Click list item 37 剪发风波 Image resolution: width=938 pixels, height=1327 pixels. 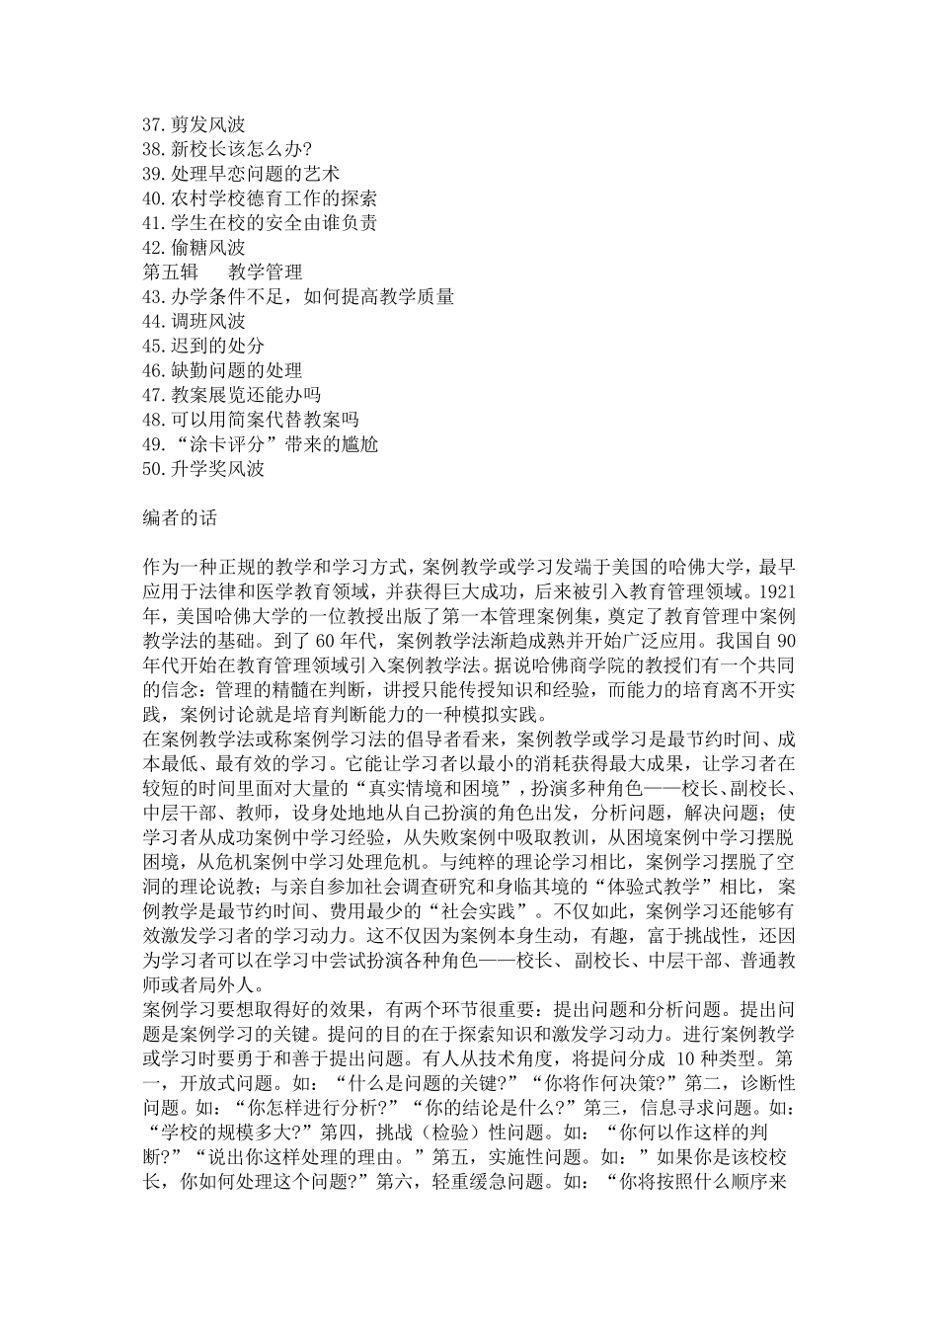(194, 124)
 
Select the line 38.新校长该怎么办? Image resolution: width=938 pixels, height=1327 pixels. (227, 149)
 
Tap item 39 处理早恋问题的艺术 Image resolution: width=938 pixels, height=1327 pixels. (240, 174)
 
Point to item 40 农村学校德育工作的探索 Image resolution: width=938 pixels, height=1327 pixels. (259, 198)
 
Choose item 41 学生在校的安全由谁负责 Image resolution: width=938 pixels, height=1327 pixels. (259, 223)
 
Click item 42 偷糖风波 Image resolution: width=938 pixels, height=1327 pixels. (194, 248)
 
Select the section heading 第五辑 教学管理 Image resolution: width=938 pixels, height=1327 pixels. (222, 273)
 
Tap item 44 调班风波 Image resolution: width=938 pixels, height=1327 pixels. (194, 322)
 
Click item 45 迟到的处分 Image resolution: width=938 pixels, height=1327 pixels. (203, 347)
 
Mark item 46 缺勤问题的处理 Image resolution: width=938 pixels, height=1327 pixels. (222, 371)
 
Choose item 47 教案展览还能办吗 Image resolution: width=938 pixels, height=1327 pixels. (231, 396)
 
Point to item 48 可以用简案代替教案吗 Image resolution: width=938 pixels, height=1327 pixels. (250, 421)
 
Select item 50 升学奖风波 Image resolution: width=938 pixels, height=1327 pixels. (203, 470)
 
